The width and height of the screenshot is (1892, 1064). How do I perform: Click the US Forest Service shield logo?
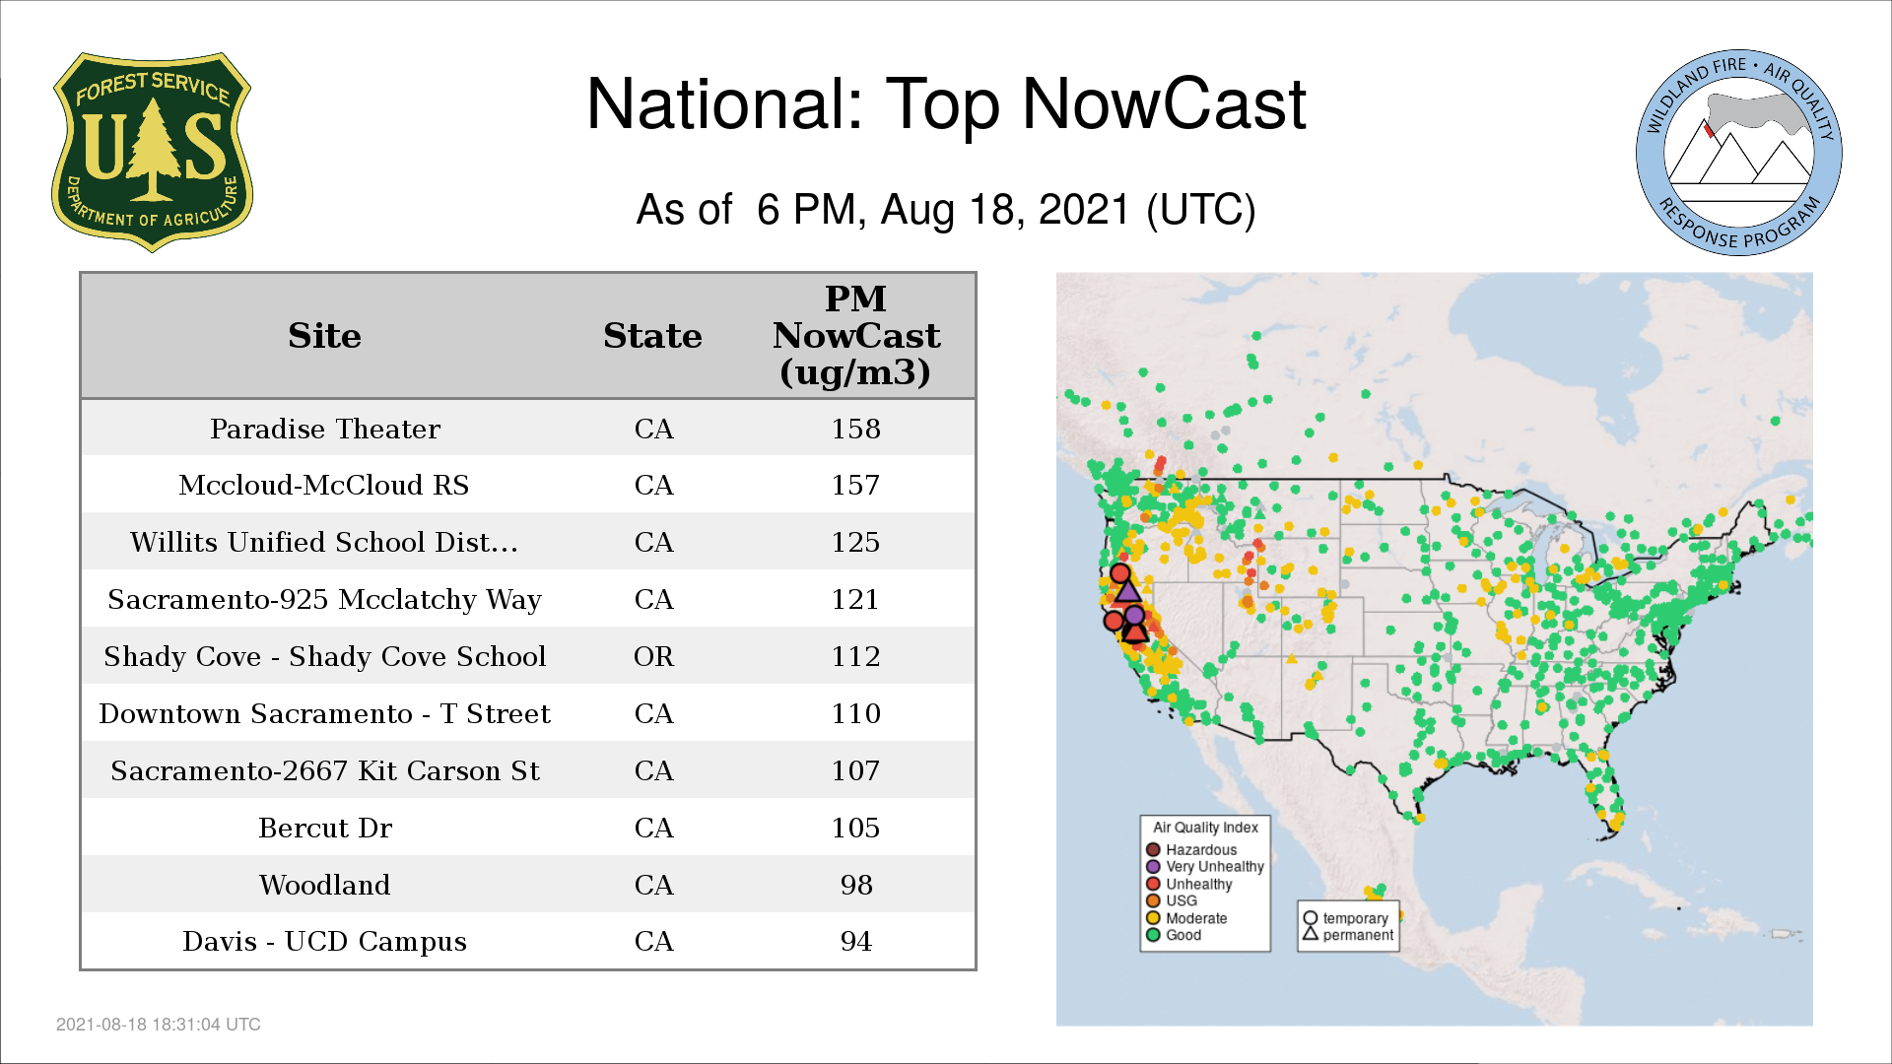point(152,153)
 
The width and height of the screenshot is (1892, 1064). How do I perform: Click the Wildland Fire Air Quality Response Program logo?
point(1739,153)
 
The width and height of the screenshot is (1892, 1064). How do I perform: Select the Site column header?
point(324,336)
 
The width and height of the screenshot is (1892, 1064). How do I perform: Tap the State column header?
point(652,336)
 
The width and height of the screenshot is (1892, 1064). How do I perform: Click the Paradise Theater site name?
point(325,429)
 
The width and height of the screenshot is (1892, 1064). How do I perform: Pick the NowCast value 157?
point(855,485)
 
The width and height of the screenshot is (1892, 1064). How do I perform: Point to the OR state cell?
point(653,656)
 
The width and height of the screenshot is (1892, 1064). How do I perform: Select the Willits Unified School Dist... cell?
point(324,542)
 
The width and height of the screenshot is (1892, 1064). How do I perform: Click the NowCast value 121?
point(855,599)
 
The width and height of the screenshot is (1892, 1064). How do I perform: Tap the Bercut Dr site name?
point(325,828)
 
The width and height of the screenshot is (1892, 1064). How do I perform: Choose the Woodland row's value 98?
point(856,885)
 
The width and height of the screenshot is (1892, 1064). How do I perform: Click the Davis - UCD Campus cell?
point(324,942)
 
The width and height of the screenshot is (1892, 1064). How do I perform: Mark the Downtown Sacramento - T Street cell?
point(324,713)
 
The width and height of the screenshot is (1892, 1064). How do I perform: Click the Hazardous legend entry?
point(1191,849)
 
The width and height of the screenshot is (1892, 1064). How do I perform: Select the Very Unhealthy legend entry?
point(1205,867)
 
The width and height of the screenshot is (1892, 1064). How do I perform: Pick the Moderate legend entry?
point(1186,918)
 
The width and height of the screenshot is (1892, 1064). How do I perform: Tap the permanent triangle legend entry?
point(1348,935)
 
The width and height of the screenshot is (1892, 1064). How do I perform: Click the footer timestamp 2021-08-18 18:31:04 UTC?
point(159,1025)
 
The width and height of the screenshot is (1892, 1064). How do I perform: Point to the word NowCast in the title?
point(1164,103)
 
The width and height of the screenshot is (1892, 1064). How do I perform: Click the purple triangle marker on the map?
point(1128,590)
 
